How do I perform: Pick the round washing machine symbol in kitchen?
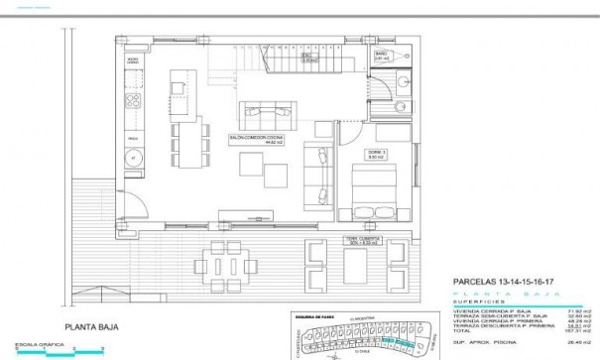coord(131,157)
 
